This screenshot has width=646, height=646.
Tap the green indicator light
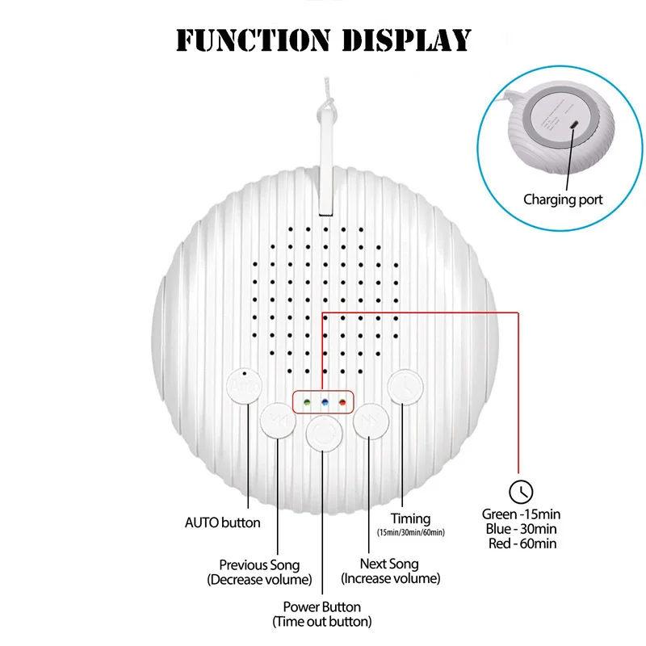[x=305, y=401]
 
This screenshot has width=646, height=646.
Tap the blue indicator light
[x=324, y=401]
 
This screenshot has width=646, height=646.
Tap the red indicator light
[x=342, y=401]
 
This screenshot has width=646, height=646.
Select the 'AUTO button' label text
[x=223, y=522]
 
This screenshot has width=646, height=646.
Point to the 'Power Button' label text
[x=322, y=606]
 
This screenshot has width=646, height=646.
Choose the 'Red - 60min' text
[x=522, y=543]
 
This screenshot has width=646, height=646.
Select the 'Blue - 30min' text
[x=522, y=528]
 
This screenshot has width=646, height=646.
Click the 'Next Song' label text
[x=391, y=564]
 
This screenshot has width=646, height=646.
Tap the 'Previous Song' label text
[x=259, y=565]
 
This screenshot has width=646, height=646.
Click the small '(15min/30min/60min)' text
[x=411, y=533]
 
